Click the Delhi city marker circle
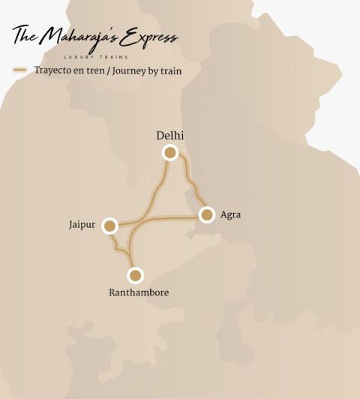point(170,153)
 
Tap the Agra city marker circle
point(206,215)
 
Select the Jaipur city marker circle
point(110,226)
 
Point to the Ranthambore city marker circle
point(135,275)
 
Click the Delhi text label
point(170,136)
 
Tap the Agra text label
point(231,215)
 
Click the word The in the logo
point(25,34)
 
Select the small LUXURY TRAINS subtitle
point(94,56)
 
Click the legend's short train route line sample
point(20,70)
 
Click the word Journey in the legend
point(134,71)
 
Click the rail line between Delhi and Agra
point(192,184)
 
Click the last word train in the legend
point(169,71)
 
